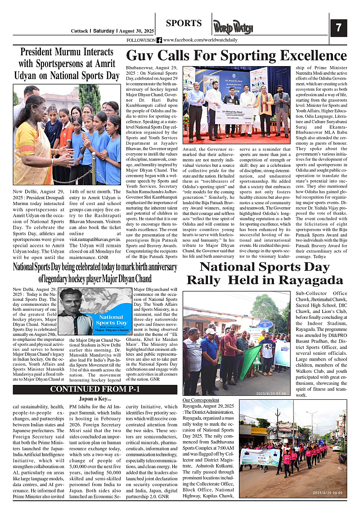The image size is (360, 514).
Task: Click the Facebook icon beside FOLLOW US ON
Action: [x=159, y=40]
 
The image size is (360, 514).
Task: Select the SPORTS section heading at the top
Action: [x=184, y=23]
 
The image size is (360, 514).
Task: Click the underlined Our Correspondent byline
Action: [x=201, y=400]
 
